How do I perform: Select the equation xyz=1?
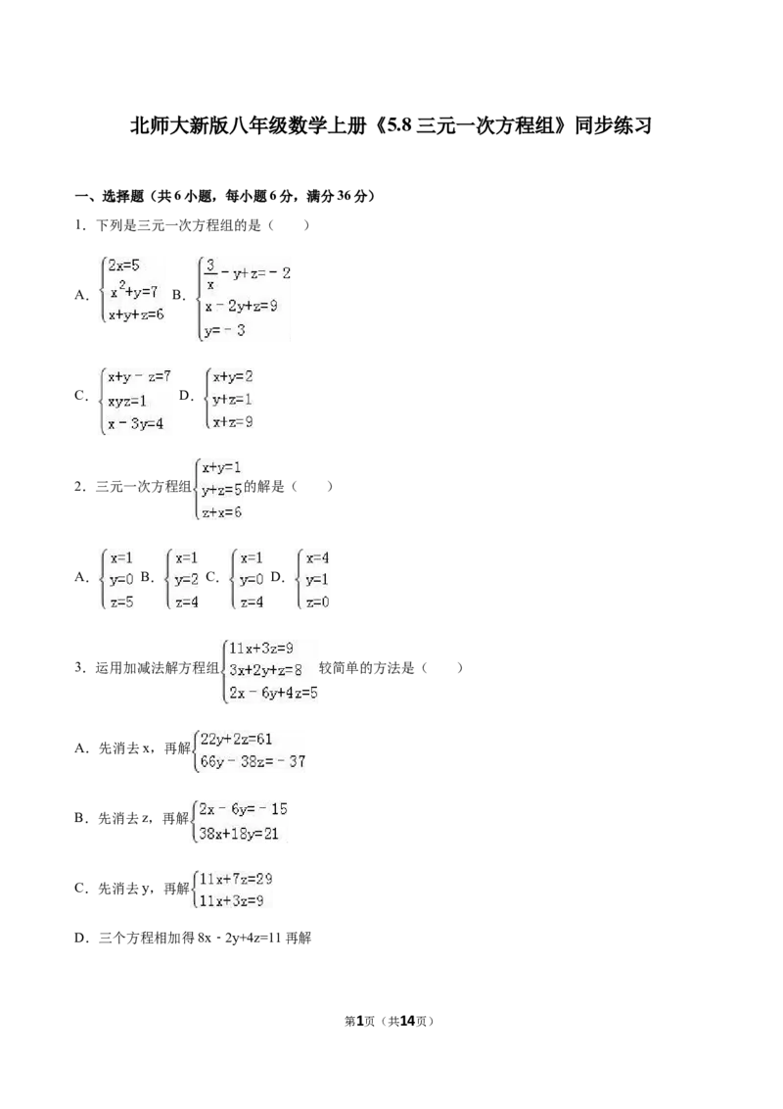127,401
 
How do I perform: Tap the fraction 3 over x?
209,274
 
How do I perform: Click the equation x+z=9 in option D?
233,422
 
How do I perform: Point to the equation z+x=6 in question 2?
222,512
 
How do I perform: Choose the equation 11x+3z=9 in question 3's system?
261,648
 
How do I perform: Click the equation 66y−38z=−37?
253,762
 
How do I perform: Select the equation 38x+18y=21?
239,834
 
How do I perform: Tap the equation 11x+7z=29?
236,879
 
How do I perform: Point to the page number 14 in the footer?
407,1021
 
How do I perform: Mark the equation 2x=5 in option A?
124,265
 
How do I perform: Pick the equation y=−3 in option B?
225,330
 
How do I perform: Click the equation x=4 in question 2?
317,558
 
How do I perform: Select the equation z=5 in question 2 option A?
121,603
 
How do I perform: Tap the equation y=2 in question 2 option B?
187,580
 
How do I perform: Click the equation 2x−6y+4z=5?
273,694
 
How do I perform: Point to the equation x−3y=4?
136,424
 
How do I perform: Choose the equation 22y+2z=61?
236,739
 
